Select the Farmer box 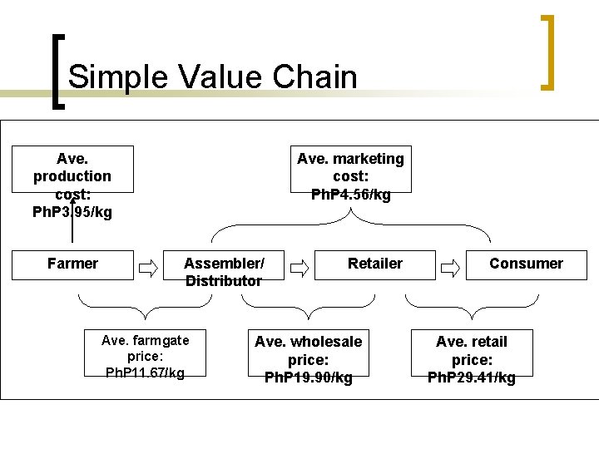72,264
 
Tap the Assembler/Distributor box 224,272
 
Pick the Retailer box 374,264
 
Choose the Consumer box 526,264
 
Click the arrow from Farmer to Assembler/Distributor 149,268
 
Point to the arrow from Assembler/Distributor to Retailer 300,268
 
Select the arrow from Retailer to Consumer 450,268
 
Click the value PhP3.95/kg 72,211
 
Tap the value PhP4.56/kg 350,195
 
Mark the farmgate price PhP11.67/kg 145,373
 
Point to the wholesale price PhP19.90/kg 308,377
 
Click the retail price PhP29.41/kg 471,377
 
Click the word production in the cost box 72,175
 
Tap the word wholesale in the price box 325,341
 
